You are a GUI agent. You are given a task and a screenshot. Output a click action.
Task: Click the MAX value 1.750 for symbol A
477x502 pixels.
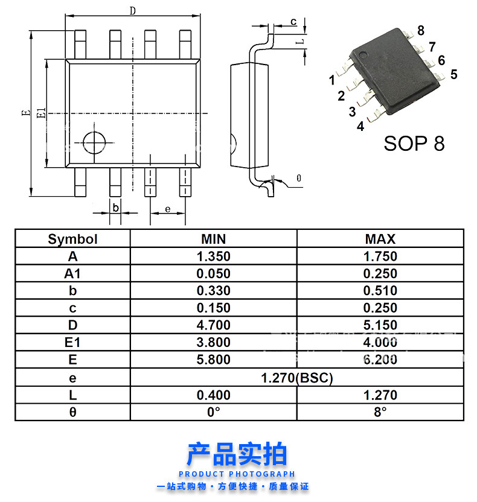click(380, 256)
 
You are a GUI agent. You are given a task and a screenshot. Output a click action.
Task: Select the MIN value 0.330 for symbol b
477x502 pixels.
click(214, 291)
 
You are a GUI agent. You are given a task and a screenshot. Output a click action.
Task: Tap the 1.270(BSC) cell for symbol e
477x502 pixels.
click(297, 378)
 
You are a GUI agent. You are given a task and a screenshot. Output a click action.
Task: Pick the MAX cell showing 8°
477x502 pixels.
click(380, 413)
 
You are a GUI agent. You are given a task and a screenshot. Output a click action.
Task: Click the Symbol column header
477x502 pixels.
click(72, 240)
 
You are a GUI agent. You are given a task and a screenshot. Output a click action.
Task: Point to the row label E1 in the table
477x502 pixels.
click(72, 343)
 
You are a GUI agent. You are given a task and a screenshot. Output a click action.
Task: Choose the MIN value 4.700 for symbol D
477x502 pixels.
click(214, 325)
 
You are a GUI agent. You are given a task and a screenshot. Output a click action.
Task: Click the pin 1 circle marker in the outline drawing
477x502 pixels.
click(94, 142)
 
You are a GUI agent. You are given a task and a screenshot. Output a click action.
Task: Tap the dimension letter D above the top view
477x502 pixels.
click(132, 11)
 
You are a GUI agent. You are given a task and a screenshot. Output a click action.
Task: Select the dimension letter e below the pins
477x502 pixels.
click(167, 209)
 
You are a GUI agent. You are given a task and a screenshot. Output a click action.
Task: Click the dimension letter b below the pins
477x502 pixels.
click(115, 209)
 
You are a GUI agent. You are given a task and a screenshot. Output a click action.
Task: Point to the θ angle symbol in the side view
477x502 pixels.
click(298, 178)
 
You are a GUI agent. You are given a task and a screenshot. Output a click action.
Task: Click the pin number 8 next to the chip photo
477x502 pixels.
click(420, 31)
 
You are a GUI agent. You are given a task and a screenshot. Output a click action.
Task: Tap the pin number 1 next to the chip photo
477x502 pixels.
click(332, 80)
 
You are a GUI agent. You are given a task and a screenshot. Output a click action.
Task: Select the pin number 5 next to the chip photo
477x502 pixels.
click(453, 74)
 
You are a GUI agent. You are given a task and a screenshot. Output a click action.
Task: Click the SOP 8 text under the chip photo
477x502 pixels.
click(414, 144)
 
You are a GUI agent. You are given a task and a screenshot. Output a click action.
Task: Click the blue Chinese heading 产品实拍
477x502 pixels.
click(237, 454)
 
